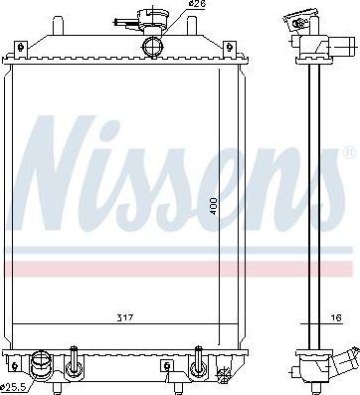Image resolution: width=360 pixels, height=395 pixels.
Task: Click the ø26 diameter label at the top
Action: click(x=197, y=4)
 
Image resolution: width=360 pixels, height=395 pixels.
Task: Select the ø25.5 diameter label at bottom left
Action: click(x=14, y=387)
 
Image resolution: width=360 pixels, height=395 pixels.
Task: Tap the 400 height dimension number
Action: click(x=213, y=206)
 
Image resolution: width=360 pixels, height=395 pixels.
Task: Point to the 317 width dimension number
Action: click(x=125, y=318)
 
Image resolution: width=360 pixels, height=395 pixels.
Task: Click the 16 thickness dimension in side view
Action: click(x=336, y=318)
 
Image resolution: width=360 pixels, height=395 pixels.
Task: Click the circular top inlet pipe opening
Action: click(x=152, y=47)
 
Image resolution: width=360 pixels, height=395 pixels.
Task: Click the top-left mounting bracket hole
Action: click(x=21, y=47)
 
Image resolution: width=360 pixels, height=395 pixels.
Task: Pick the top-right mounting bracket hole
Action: click(x=229, y=47)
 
